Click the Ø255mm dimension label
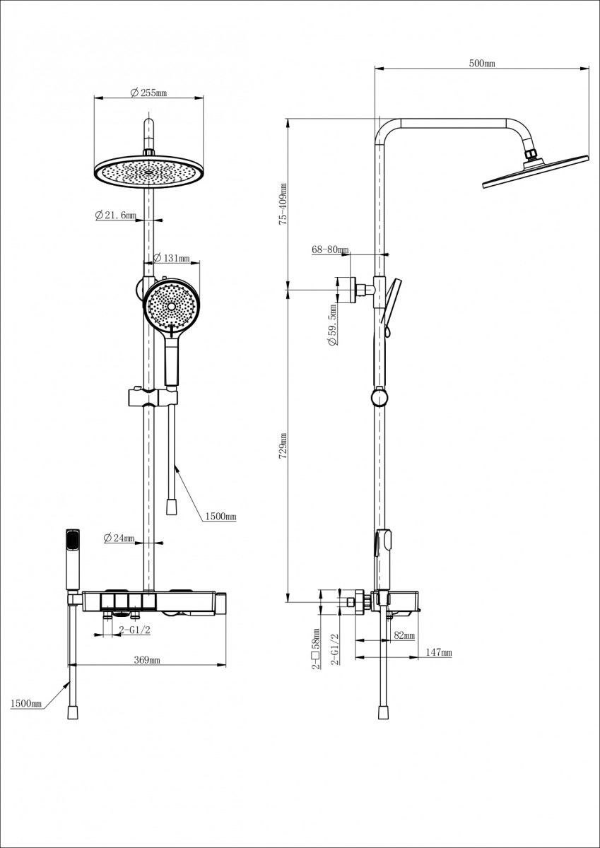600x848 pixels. [x=149, y=93]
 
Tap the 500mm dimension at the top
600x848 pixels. [x=482, y=64]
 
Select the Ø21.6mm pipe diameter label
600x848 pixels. [x=116, y=216]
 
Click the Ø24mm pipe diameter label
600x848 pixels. [x=119, y=538]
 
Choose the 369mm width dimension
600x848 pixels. [x=147, y=660]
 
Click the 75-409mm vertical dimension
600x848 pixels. [x=283, y=204]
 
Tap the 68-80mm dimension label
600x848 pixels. [x=330, y=249]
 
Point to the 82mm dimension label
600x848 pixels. [x=404, y=636]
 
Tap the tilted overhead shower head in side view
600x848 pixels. [x=535, y=170]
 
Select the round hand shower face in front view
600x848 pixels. [x=171, y=305]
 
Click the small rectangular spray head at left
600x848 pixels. [x=72, y=558]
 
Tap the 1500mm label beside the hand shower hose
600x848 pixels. [x=220, y=517]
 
